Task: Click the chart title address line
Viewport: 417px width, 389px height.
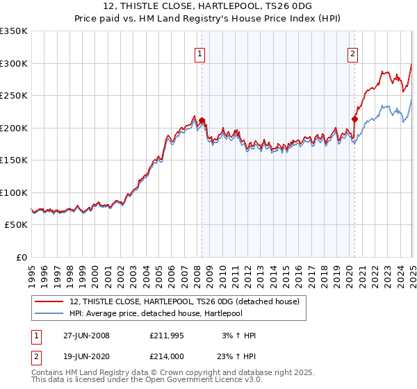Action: pos(208,7)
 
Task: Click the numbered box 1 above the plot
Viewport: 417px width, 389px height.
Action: pos(200,53)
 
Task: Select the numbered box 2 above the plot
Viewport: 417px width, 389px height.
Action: pos(352,53)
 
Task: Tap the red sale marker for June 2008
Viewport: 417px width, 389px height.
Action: pos(202,120)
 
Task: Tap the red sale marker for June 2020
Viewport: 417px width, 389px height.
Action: pos(354,119)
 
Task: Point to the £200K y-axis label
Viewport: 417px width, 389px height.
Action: pos(14,128)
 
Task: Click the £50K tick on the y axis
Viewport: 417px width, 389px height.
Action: pos(16,225)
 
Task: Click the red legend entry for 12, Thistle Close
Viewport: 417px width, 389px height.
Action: pos(184,301)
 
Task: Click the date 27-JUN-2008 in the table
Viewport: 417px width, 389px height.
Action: pos(86,336)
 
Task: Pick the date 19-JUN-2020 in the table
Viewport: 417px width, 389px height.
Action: pos(86,356)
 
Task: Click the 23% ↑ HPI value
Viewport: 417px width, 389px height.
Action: pos(238,356)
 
